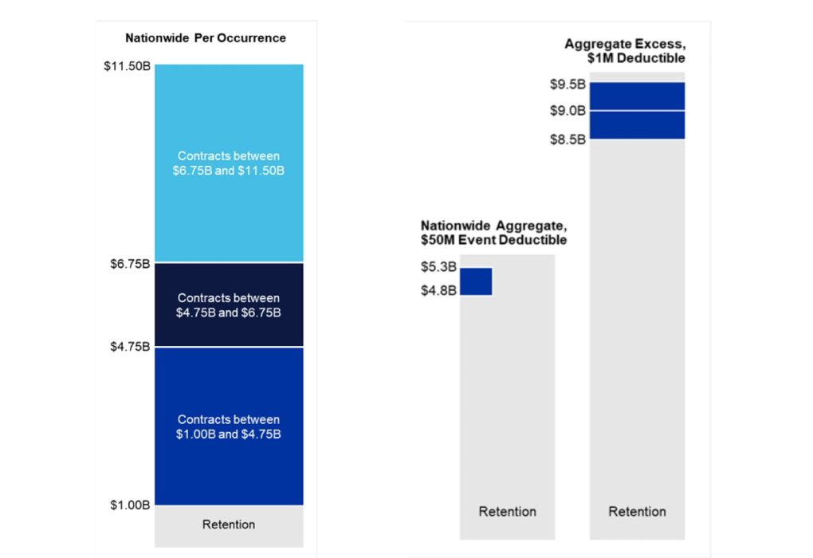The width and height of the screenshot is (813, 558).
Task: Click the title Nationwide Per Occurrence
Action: (x=206, y=38)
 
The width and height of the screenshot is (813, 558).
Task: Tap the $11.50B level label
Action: (x=127, y=66)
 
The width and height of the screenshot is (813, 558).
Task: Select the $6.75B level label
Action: (x=130, y=263)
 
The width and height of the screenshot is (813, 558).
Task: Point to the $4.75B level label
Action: (x=130, y=348)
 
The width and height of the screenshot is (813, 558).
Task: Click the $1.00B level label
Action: (x=130, y=505)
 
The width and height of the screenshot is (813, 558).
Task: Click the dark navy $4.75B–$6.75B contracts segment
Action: (x=229, y=305)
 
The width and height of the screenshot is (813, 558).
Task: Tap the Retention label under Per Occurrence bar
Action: (x=229, y=525)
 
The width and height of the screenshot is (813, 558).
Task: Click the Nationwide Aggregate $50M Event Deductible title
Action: (x=493, y=232)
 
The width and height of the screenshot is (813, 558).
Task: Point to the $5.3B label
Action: (x=438, y=267)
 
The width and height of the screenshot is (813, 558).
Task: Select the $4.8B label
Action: (x=438, y=290)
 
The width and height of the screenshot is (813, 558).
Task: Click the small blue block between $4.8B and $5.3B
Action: (x=476, y=281)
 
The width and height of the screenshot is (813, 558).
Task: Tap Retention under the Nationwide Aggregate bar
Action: (x=507, y=512)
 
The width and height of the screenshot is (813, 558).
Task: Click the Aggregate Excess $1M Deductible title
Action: (x=625, y=51)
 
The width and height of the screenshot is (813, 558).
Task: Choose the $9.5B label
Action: (x=568, y=83)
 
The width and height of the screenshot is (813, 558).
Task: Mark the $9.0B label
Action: (x=568, y=111)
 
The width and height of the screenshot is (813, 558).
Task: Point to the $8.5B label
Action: (x=568, y=139)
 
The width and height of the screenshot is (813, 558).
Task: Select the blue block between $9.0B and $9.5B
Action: (x=637, y=96)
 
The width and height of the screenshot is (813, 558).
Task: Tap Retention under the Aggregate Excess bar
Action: (x=637, y=512)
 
